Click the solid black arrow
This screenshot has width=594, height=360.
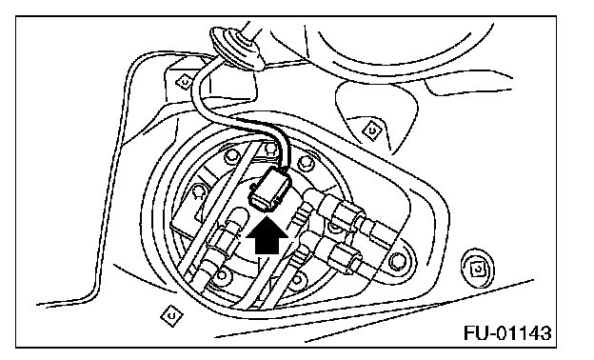coord(267,235)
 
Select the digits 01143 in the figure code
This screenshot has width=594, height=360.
coord(524,333)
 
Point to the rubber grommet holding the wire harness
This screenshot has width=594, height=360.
coord(236,48)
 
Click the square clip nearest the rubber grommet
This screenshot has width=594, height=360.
coord(185,82)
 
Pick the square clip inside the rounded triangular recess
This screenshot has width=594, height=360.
coord(371,130)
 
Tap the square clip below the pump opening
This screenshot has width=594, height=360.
coord(171,315)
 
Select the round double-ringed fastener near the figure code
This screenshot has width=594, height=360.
coord(477,269)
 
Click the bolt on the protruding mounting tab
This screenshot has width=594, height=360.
coord(397,261)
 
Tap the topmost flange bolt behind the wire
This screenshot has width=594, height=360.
coord(269,148)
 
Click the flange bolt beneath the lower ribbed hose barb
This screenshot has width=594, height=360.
coord(297,279)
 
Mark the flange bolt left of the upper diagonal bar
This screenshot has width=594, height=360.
coord(231,156)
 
